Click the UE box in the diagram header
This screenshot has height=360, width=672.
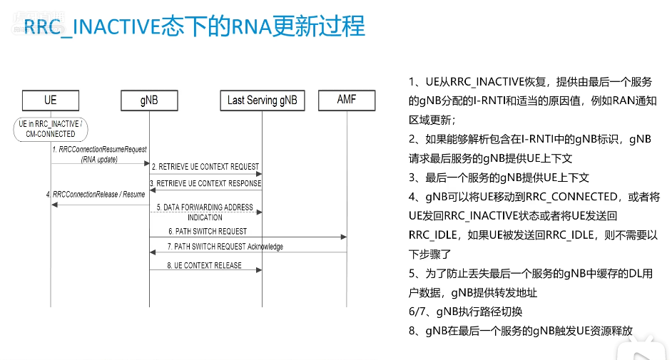point(50,100)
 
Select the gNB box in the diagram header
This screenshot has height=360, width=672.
point(149,100)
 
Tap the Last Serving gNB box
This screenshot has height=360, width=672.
point(262,100)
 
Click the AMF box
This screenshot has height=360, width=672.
point(347,100)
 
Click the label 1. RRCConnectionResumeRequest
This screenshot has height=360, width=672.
point(99,150)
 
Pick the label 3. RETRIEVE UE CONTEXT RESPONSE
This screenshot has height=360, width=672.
point(205,183)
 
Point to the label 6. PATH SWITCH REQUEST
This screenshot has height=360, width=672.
point(208,231)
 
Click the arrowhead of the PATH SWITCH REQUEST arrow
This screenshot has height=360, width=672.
point(344,237)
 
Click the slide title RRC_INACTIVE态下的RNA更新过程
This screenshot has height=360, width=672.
point(194,27)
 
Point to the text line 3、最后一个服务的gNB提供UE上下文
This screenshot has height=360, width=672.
point(499,178)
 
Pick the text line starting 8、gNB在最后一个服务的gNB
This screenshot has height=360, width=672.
point(521,331)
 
